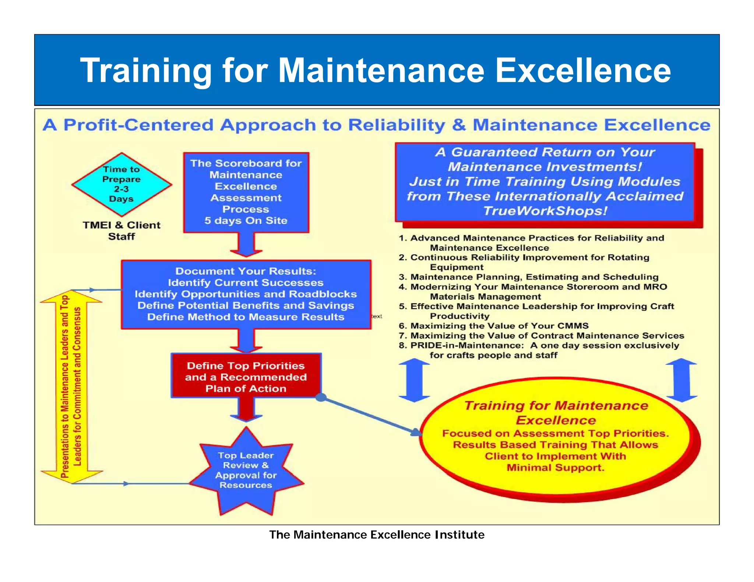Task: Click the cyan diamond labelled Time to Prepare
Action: tap(121, 184)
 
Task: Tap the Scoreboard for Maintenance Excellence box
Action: tap(246, 192)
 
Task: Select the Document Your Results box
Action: tap(246, 294)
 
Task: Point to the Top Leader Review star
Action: tap(246, 471)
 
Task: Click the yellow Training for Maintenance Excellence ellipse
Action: tap(556, 438)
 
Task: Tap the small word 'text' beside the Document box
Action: tap(377, 316)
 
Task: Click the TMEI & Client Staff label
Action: tap(121, 231)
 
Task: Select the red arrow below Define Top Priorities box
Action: tap(246, 409)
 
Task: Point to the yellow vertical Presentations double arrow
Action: tap(71, 386)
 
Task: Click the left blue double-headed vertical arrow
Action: tap(414, 380)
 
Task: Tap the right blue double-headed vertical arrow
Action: tap(681, 380)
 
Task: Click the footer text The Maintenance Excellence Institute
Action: tap(377, 535)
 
